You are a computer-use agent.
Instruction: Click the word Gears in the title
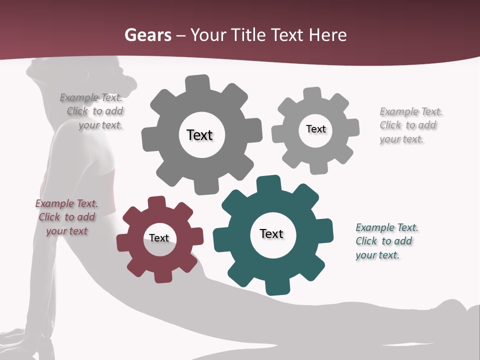(x=147, y=35)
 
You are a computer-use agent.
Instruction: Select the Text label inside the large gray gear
(x=199, y=135)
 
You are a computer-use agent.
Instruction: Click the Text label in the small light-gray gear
(x=315, y=129)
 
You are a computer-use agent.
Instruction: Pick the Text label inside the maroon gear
(x=159, y=238)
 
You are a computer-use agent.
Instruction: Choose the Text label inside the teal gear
(x=271, y=233)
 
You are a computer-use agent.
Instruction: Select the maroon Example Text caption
(x=66, y=217)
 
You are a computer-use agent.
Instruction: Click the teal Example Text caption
(x=385, y=241)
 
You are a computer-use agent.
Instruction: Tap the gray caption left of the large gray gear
(x=93, y=111)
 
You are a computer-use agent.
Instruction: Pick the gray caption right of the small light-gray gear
(x=409, y=125)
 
